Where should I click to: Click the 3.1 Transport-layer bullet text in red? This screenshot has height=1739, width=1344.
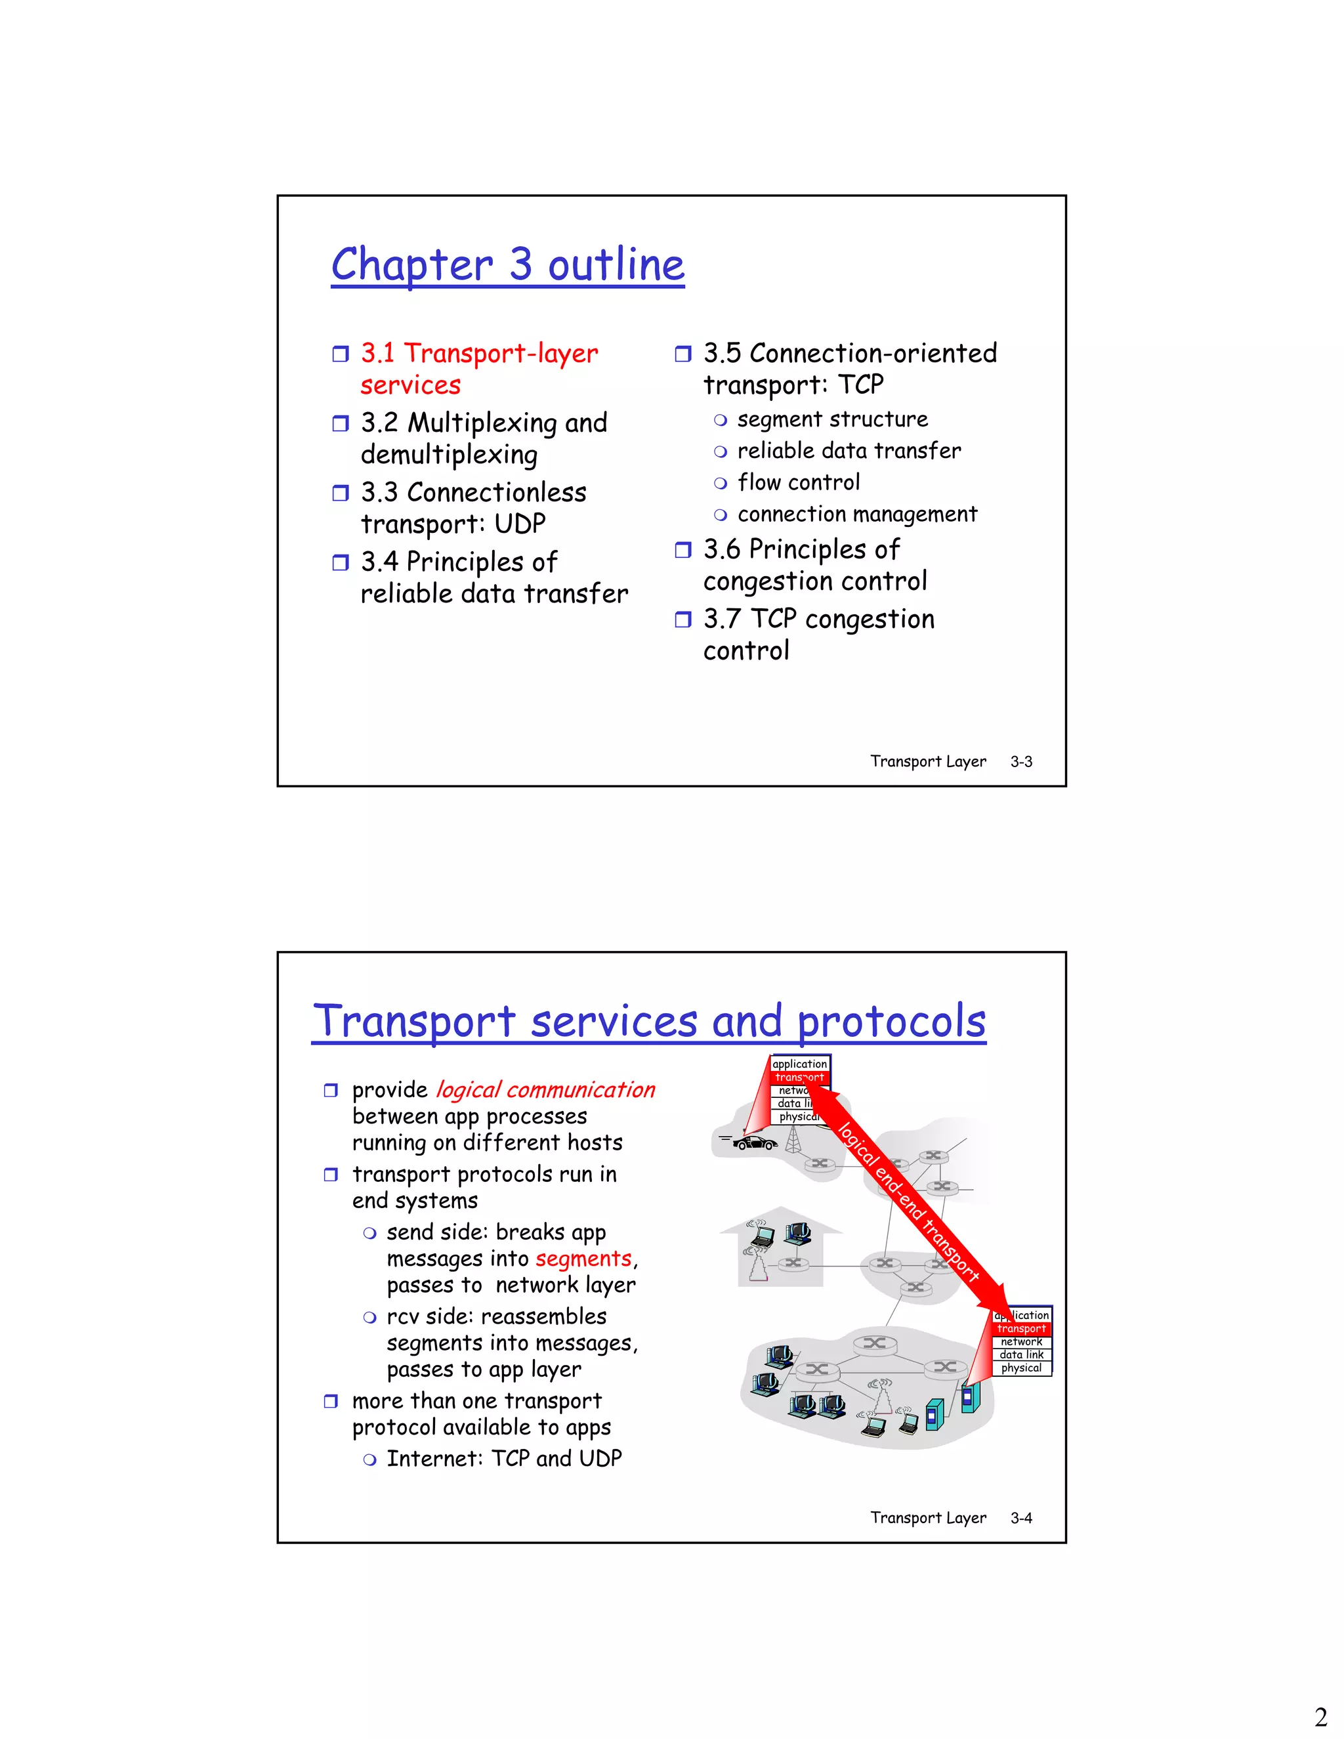pyautogui.click(x=478, y=354)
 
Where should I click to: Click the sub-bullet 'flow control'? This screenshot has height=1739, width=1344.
pyautogui.click(x=798, y=482)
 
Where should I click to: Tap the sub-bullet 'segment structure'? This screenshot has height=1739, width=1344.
pyautogui.click(x=832, y=419)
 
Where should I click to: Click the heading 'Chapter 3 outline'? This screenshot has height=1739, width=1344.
pyautogui.click(x=507, y=265)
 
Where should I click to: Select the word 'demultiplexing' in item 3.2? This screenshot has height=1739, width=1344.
pyautogui.click(x=449, y=455)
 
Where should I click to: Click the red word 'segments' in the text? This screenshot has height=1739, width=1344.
pyautogui.click(x=583, y=1259)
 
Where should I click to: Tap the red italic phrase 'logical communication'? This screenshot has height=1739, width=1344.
pyautogui.click(x=545, y=1090)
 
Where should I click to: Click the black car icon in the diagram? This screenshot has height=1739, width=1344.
pyautogui.click(x=754, y=1144)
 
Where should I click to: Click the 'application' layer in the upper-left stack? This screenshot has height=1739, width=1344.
pyautogui.click(x=799, y=1064)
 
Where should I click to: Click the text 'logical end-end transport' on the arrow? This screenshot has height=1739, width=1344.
pyautogui.click(x=908, y=1202)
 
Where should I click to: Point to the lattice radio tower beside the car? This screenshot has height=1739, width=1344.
pyautogui.click(x=792, y=1141)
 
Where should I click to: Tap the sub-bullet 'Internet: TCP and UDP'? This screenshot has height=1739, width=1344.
pyautogui.click(x=503, y=1459)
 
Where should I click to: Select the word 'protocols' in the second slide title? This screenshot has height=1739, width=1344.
pyautogui.click(x=891, y=1022)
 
